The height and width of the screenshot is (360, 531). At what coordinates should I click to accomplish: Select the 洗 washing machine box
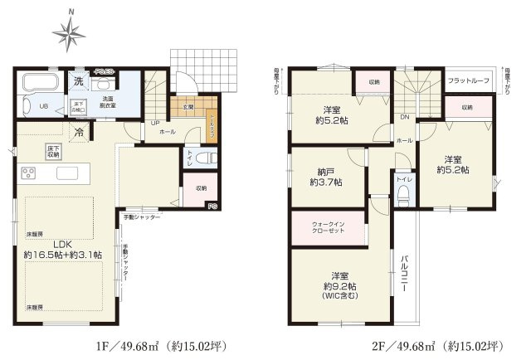[x=78, y=81]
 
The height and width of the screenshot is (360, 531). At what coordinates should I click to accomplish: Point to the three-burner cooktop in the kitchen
[x=29, y=173]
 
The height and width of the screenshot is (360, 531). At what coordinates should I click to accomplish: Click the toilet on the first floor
[x=210, y=158]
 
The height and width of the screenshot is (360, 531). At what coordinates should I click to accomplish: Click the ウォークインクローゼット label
[x=328, y=228]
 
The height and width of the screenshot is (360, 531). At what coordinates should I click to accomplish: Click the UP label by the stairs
[x=155, y=124]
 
